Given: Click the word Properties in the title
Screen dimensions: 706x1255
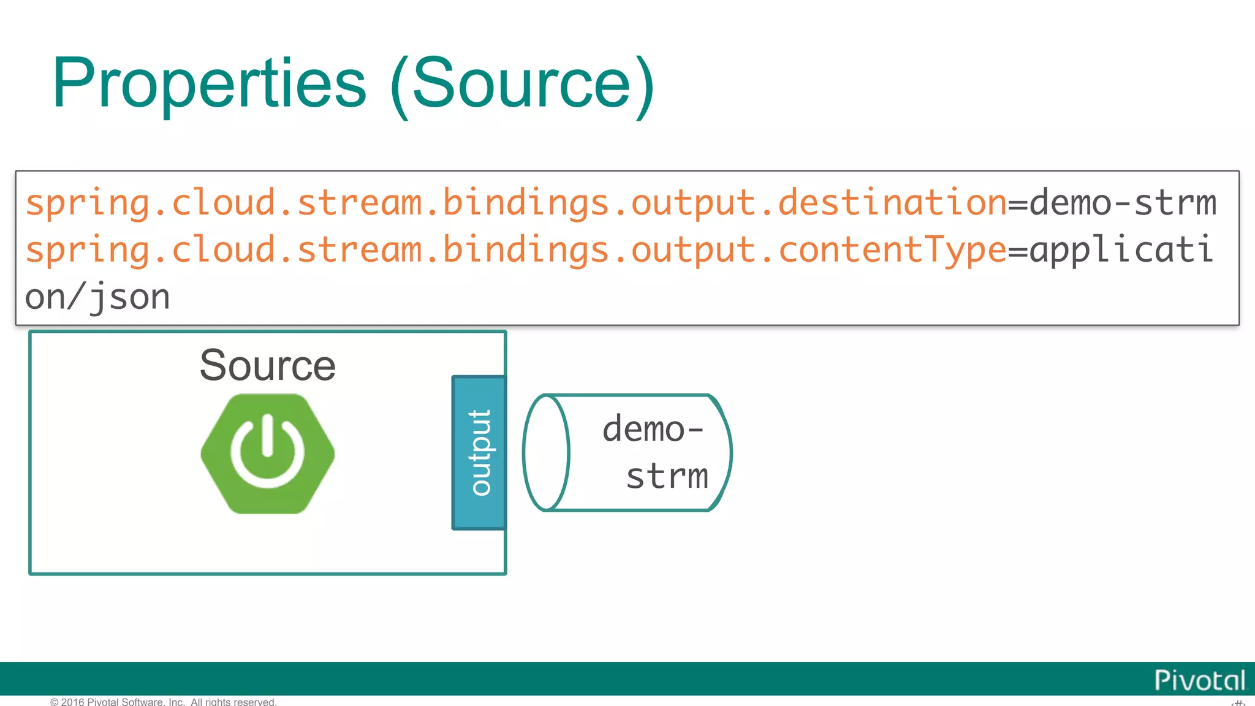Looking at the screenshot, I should (209, 85).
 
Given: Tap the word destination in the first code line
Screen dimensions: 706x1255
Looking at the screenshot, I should (892, 203).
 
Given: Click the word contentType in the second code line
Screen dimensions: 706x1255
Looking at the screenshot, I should (892, 250).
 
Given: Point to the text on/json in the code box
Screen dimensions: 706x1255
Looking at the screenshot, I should (97, 298).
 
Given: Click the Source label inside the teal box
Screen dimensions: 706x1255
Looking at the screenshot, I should (268, 365).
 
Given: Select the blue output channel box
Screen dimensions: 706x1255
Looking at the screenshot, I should (479, 453).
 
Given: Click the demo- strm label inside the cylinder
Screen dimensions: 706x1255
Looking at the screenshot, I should (654, 452).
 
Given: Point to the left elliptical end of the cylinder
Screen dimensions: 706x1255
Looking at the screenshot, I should (547, 453).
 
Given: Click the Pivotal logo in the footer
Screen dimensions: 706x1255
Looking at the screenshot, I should (1199, 680).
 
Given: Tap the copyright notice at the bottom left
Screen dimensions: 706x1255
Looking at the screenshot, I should (163, 702).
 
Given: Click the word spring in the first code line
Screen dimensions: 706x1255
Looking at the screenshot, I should (87, 203).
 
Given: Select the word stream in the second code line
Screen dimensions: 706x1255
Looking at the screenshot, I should (360, 250).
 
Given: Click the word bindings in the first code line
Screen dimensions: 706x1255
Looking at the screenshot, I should (526, 203).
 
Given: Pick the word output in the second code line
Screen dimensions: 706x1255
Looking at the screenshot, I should (694, 250).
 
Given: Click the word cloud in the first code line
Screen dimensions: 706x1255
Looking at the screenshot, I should (223, 203).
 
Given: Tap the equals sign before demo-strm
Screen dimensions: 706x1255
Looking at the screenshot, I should (1018, 203).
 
